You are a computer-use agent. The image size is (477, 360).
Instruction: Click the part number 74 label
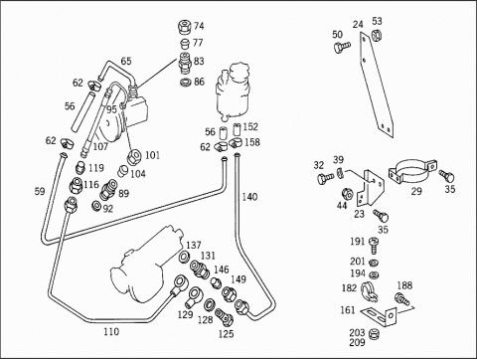[x=199, y=26]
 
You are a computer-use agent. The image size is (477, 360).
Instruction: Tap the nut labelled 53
[x=376, y=34]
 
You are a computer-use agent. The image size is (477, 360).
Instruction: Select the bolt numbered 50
[x=341, y=47]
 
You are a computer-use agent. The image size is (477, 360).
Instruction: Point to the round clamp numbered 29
[x=412, y=171]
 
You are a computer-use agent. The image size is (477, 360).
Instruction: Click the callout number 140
[x=249, y=197]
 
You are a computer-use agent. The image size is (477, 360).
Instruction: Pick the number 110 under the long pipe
[x=111, y=331]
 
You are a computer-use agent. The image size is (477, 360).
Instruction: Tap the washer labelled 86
[x=186, y=82]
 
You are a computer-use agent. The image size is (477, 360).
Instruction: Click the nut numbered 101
[x=135, y=156]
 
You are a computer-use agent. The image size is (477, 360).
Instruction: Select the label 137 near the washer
[x=194, y=245]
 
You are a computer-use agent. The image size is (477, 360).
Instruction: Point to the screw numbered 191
[x=375, y=246]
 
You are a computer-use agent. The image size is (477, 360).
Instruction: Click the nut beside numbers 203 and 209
[x=375, y=334]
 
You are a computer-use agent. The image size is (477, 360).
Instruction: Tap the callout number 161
[x=348, y=310]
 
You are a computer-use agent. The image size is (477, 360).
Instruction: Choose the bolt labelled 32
[x=325, y=179]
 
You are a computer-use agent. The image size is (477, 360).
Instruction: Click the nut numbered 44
[x=347, y=193]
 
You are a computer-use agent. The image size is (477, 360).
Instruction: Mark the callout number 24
[x=358, y=24]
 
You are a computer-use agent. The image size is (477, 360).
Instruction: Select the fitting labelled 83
[x=186, y=63]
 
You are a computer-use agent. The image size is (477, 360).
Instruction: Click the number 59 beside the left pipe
[x=40, y=191]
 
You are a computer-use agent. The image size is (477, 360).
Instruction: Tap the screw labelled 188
[x=402, y=298]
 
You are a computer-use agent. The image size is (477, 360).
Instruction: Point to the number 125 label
[x=226, y=334]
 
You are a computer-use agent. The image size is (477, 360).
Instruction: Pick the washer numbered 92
[x=96, y=206]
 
